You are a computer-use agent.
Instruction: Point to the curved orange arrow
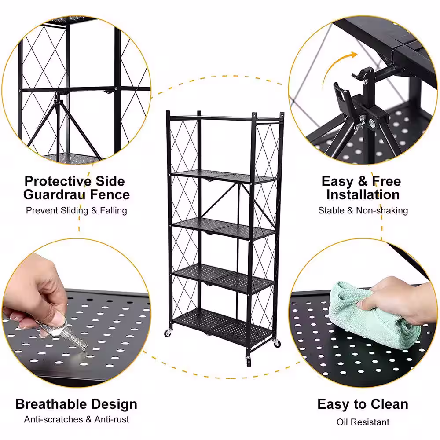tap(337, 70)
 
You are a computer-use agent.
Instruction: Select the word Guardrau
tap(53, 195)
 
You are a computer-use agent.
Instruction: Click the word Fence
tap(110, 195)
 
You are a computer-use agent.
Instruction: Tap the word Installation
tap(363, 195)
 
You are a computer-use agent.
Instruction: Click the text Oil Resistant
tap(363, 422)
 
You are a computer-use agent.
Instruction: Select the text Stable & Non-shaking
tap(363, 210)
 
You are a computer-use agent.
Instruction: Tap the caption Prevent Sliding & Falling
tap(76, 210)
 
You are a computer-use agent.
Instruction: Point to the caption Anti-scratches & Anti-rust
tap(76, 419)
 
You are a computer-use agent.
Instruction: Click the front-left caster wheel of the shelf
tap(168, 333)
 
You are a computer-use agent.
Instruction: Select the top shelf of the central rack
tap(224, 118)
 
